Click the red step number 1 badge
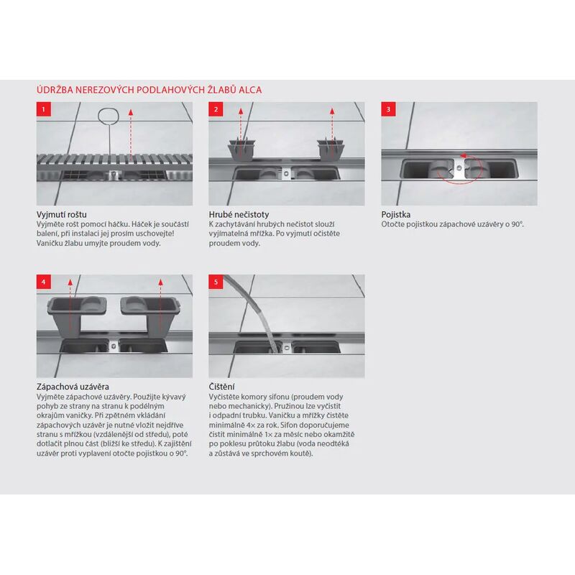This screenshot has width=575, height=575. tap(44, 109)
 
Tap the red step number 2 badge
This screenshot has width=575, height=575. tap(216, 109)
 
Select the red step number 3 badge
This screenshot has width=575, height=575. tap(388, 109)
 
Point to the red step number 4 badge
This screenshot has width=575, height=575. tap(44, 282)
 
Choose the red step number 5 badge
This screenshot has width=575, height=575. tap(216, 282)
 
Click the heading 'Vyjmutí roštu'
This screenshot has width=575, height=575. tap(62, 214)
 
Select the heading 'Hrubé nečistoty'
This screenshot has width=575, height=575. tap(239, 214)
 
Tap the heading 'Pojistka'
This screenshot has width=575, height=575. tap(396, 214)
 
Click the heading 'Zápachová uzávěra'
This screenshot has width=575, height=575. tap(73, 387)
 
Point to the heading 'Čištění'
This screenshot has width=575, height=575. tap(221, 387)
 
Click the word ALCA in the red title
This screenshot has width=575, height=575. tap(250, 90)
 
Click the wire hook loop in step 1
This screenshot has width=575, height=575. tap(109, 116)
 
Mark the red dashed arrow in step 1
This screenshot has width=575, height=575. tap(131, 136)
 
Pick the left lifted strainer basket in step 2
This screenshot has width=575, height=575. tap(241, 149)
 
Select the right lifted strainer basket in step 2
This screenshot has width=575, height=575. tap(331, 149)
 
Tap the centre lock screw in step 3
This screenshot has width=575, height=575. tap(459, 167)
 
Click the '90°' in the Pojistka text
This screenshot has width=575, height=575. tap(517, 224)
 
